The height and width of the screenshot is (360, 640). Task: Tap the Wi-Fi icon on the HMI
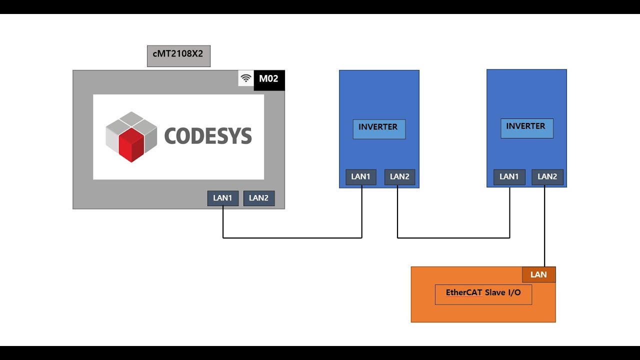coord(246,78)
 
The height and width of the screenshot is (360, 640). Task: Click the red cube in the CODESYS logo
coord(131,144)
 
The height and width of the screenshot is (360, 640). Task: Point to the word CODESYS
coord(207,136)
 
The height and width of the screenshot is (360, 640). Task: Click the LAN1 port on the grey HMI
coord(223,198)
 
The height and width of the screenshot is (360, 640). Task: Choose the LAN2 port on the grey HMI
coord(259,198)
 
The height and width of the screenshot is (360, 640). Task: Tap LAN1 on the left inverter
coord(361,177)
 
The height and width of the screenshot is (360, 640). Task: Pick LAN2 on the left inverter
coord(399,177)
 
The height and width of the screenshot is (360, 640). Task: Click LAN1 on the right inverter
coord(509,177)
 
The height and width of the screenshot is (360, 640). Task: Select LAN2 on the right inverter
coord(547,177)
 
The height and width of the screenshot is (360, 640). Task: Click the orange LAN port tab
coord(538,274)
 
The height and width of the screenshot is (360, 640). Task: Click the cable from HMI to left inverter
coord(292,237)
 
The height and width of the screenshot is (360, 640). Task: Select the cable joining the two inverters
coord(453,237)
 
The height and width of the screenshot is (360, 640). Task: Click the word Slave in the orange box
coord(495,292)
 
